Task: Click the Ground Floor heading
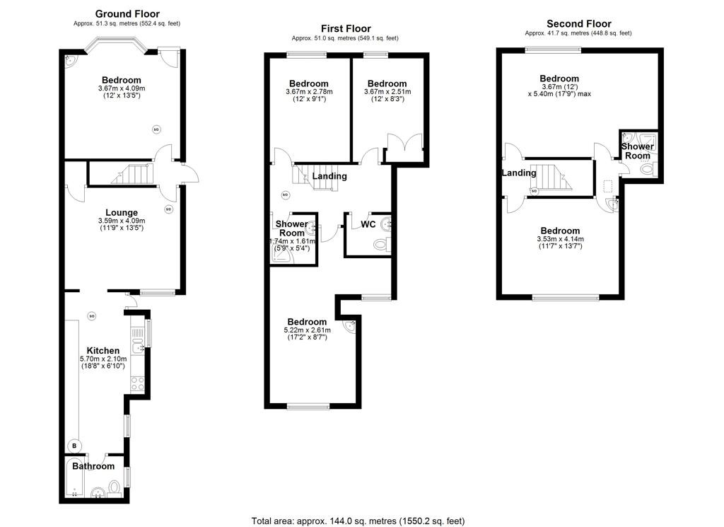(127, 14)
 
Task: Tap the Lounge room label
(122, 212)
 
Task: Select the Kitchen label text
(103, 351)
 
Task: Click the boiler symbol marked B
(74, 446)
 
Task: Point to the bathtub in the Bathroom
(74, 478)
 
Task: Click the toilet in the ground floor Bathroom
(115, 488)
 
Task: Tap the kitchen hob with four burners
(138, 384)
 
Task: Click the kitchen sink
(138, 345)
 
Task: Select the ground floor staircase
(132, 174)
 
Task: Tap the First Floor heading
(346, 28)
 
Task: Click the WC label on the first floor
(368, 224)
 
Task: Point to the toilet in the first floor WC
(382, 244)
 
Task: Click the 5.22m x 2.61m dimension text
(307, 330)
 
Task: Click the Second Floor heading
(578, 23)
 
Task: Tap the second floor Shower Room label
(638, 151)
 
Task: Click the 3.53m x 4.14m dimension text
(560, 239)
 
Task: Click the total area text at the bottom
(358, 521)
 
